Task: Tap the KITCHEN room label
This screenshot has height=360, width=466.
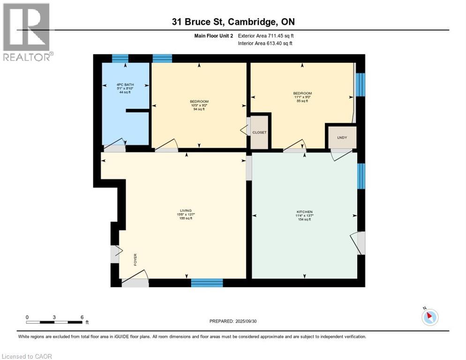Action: click(304, 212)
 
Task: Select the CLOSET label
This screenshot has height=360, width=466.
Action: click(259, 133)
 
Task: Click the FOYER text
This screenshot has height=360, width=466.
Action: click(135, 260)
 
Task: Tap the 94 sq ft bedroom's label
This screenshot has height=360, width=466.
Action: click(199, 102)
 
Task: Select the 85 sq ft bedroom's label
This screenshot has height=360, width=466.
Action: click(302, 93)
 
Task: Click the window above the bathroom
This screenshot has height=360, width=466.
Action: click(120, 59)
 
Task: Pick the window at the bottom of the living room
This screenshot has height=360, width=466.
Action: click(207, 283)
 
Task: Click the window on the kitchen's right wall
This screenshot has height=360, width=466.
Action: click(361, 176)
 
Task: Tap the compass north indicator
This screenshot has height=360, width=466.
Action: click(429, 316)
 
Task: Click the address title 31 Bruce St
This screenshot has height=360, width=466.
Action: click(233, 22)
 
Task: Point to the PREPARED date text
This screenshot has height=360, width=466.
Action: click(233, 321)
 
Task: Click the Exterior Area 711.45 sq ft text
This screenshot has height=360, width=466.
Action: click(266, 36)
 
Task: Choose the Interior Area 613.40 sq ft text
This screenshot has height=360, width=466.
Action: click(265, 44)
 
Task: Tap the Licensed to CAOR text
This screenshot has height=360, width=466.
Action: click(27, 356)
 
